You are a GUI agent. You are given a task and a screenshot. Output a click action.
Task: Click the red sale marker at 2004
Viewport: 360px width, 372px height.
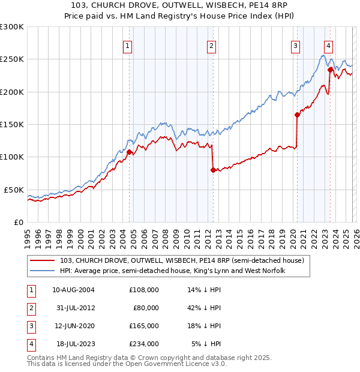[129, 152]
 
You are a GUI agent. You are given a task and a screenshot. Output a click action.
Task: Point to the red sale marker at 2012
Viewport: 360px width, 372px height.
[213, 170]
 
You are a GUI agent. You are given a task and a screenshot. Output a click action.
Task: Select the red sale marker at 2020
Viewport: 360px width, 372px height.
[297, 115]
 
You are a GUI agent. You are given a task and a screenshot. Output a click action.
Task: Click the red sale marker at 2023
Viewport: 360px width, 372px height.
[330, 70]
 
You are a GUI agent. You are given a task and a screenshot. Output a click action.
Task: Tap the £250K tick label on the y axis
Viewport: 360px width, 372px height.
[12, 59]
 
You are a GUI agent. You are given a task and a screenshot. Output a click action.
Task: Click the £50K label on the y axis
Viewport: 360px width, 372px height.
[14, 190]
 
